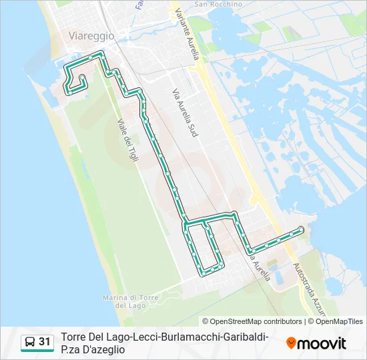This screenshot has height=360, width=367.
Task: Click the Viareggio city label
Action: pos(91,35)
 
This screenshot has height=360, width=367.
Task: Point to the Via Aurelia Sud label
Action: pos(186,113)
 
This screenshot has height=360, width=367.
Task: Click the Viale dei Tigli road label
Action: pos(126,144)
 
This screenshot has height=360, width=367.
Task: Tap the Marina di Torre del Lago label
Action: pos(129,301)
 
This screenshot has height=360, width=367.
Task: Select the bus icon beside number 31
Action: pos(30,342)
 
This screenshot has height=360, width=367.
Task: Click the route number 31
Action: pos(45,342)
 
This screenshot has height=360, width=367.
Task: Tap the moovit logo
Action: pos(316,343)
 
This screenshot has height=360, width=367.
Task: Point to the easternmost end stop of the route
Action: pos(301,229)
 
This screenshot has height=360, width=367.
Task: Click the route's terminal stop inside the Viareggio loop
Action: pos(81,78)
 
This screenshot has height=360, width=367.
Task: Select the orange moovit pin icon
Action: pos(292,343)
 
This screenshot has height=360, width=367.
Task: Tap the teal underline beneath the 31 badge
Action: pos(37,351)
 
